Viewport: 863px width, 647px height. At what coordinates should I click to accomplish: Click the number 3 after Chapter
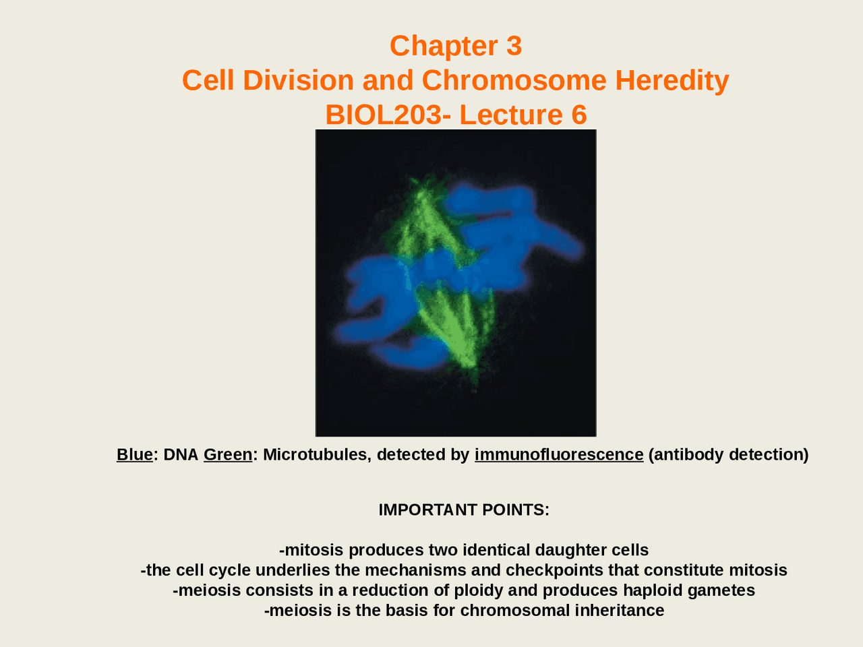coord(514,46)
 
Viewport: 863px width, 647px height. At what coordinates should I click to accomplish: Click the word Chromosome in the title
coord(514,80)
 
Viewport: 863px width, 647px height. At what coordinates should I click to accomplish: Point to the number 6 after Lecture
coord(578,115)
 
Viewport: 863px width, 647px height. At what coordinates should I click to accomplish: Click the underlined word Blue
coord(134,454)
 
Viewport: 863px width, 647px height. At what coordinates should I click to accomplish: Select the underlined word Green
coord(228,454)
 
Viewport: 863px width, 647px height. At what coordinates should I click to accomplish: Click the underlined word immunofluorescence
coord(559,454)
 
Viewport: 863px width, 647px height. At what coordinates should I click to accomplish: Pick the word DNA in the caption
coord(181,454)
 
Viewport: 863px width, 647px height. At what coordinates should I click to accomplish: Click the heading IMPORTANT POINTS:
coord(464,510)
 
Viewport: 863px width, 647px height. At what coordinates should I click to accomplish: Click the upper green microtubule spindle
coord(425,220)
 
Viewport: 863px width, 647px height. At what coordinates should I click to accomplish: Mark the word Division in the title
coord(299,80)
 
